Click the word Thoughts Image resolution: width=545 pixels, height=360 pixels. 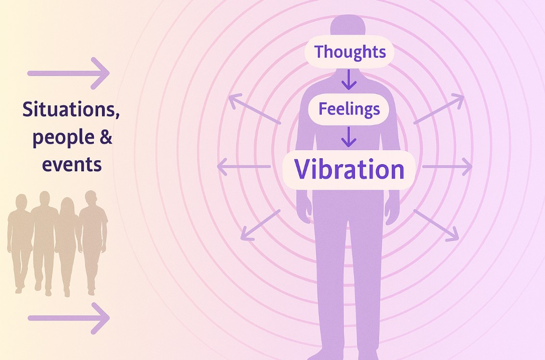(350, 52)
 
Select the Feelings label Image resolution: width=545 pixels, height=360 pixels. (349, 109)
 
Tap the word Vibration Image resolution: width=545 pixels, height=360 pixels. (349, 169)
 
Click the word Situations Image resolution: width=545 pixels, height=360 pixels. (71, 110)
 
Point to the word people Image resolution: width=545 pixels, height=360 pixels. (63, 137)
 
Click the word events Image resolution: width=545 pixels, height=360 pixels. (72, 164)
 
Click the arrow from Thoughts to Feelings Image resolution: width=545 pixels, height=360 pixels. (349, 79)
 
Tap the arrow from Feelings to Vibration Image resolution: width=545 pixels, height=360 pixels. (349, 137)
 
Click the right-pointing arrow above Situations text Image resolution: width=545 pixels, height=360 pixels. (68, 73)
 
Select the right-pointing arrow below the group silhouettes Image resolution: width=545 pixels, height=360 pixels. (68, 318)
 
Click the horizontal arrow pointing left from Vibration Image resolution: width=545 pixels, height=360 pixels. (244, 167)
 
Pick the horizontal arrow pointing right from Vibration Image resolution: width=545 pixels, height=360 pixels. (447, 167)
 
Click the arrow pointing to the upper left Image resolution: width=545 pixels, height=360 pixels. (254, 108)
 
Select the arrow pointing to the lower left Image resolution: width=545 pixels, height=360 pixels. (260, 225)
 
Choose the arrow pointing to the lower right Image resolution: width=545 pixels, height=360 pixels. (436, 225)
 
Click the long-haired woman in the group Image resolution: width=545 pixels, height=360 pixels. (67, 244)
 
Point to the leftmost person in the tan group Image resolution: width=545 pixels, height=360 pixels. (20, 242)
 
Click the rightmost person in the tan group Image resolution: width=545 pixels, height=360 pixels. (92, 240)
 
